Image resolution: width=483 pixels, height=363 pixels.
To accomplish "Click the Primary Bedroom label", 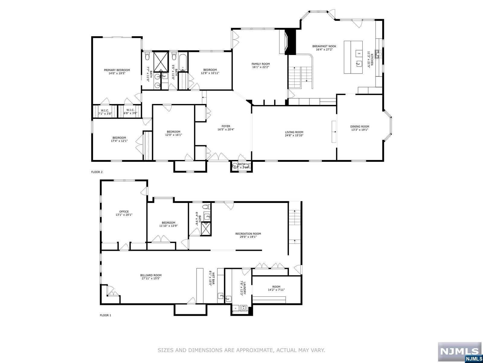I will click(x=117, y=70).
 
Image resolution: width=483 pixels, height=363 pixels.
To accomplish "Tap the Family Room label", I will click(x=261, y=64).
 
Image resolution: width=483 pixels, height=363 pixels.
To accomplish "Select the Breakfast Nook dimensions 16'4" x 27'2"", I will click(x=324, y=50).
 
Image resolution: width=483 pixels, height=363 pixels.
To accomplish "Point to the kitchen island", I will click(x=353, y=57).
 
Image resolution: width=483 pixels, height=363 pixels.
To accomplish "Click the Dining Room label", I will click(x=360, y=126).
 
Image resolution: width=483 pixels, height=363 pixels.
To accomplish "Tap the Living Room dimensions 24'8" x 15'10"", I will click(x=294, y=136).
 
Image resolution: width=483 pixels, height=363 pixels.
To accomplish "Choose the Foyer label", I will click(x=226, y=126).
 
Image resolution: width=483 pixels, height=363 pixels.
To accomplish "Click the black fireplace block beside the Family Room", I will click(x=290, y=42).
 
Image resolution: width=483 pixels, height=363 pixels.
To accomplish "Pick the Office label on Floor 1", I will click(x=124, y=211).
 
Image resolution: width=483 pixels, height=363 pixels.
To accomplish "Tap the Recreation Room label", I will click(x=248, y=234).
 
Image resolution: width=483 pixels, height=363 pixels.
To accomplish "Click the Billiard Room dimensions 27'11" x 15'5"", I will click(x=151, y=279).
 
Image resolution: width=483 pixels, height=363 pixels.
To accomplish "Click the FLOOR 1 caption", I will click(x=105, y=315).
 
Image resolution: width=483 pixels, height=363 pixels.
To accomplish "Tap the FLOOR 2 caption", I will click(x=97, y=172).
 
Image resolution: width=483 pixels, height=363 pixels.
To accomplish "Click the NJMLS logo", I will click(x=459, y=352).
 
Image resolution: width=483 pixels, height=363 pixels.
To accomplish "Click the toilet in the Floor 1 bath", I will click(x=206, y=207).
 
